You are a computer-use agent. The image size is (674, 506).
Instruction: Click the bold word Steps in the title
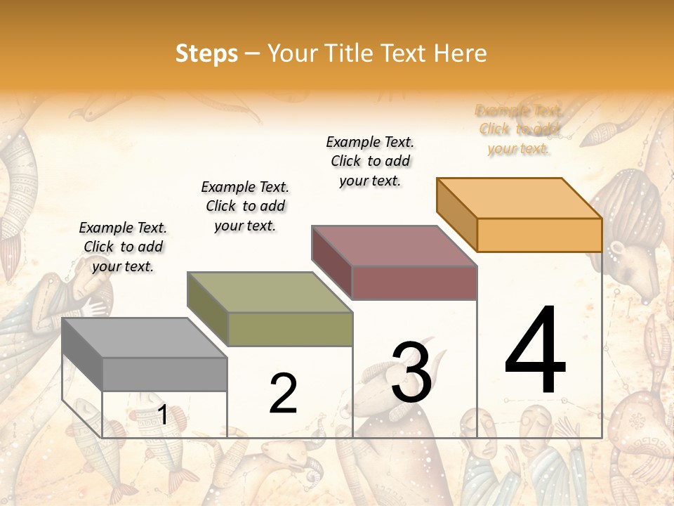206,53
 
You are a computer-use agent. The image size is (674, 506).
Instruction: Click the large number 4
535,351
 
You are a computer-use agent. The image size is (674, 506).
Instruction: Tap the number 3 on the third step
411,372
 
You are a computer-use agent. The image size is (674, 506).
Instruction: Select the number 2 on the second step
283,394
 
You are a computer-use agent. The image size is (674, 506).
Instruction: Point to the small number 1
162,415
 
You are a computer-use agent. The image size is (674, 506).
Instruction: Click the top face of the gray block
145,338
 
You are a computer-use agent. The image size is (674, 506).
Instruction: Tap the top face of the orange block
520,197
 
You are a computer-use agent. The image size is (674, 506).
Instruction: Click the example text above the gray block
123,247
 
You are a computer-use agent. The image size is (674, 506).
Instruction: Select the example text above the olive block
245,206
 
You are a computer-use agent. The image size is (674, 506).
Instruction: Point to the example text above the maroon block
370,161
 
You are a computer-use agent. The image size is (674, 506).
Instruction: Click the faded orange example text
519,129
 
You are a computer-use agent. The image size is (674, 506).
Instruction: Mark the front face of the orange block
539,235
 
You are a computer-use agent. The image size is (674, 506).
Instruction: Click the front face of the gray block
165,374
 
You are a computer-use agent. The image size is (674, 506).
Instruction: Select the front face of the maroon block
414,283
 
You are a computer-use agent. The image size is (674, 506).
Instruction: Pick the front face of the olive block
290,329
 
